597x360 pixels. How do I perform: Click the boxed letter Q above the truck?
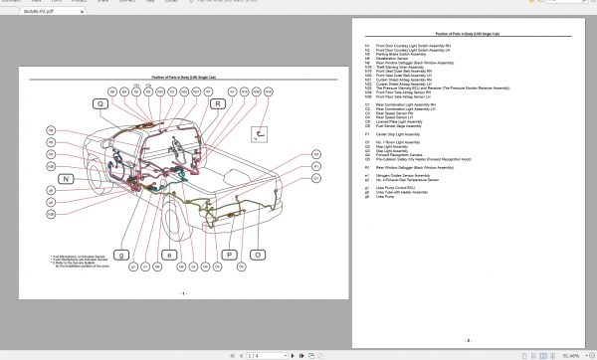pos(100,103)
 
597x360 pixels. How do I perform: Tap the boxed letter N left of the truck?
pos(66,179)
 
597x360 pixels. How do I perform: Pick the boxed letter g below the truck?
pos(121,255)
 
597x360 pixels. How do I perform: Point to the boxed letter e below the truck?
pos(169,255)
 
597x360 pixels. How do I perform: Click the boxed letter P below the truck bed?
pos(230,255)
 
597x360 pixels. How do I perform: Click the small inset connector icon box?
pos(261,130)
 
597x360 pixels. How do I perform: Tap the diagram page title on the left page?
pos(183,78)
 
